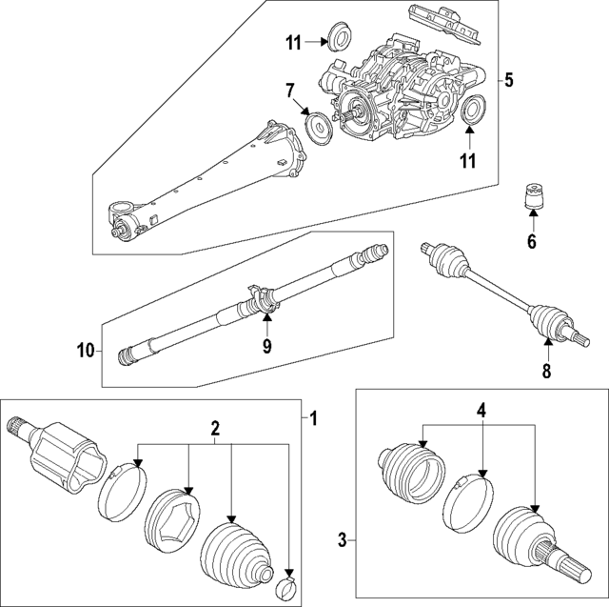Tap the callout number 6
[533, 243]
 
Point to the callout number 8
[546, 373]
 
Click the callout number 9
[266, 347]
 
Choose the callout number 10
[85, 351]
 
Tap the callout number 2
[215, 431]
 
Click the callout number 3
[344, 541]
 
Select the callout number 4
[481, 412]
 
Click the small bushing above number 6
[533, 200]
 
